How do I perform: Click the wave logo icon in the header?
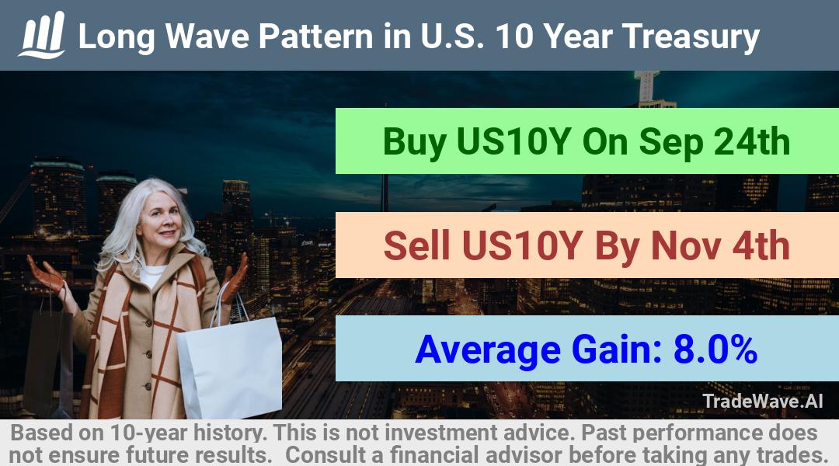click(42, 35)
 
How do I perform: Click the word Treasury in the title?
click(691, 37)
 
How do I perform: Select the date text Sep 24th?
click(715, 142)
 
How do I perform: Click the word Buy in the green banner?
click(415, 142)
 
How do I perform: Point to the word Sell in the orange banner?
click(417, 246)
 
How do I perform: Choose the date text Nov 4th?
click(720, 246)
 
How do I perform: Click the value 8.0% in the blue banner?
click(715, 349)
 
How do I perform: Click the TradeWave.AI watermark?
click(763, 401)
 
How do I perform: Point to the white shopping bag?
click(231, 363)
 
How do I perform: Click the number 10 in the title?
click(514, 37)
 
